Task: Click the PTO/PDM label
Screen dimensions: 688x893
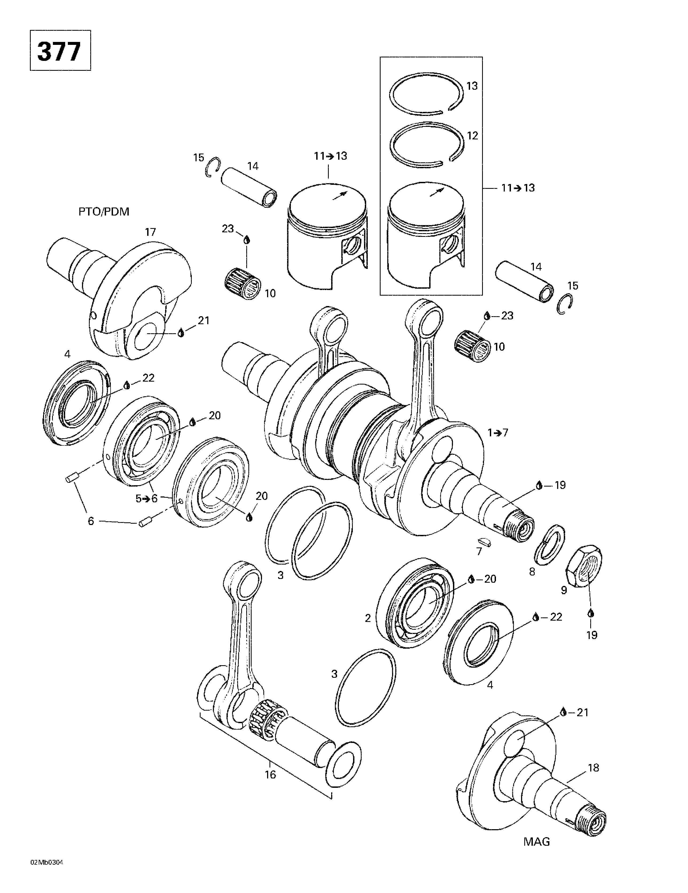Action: click(103, 212)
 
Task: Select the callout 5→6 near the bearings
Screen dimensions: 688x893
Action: click(146, 498)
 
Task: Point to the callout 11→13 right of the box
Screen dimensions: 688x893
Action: click(518, 188)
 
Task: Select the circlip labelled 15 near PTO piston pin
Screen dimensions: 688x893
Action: click(213, 167)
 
